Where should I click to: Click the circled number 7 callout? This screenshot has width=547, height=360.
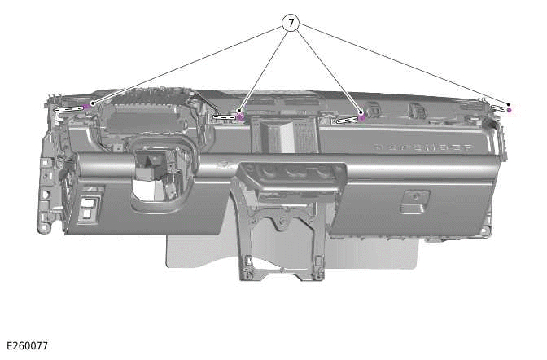(291, 23)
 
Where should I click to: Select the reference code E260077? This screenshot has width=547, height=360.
(27, 346)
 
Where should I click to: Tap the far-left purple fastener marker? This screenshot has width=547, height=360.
(86, 107)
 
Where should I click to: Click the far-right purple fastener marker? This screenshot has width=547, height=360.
(509, 109)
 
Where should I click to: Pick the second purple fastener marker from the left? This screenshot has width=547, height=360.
(240, 116)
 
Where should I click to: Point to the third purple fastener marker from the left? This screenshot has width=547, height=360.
(361, 118)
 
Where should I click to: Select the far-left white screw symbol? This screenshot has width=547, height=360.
(69, 107)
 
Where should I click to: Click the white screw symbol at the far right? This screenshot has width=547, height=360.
(498, 107)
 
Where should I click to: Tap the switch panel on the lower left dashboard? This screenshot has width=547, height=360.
(89, 205)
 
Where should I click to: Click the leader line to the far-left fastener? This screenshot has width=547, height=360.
(187, 64)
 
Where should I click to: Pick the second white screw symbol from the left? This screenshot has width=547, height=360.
(223, 117)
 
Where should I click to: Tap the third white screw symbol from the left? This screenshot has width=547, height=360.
(346, 120)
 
